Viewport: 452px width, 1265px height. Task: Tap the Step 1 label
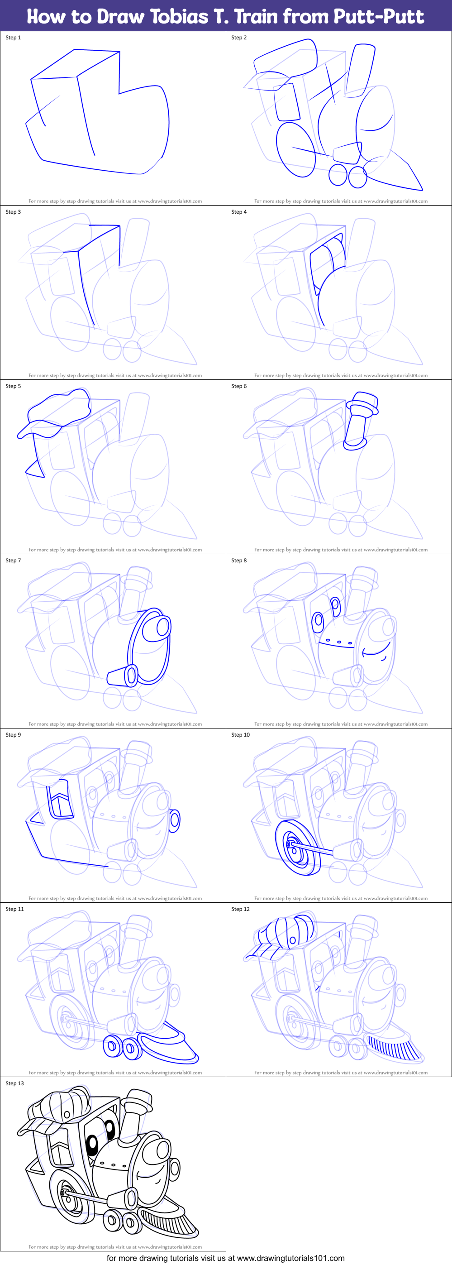coord(13,37)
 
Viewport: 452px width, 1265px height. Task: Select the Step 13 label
coord(15,1083)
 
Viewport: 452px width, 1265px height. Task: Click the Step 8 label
coord(239,561)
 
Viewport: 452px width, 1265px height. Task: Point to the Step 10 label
coord(240,735)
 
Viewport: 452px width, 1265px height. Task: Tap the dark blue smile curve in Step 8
coord(377,651)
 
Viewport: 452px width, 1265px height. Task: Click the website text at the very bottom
coord(226,1258)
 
